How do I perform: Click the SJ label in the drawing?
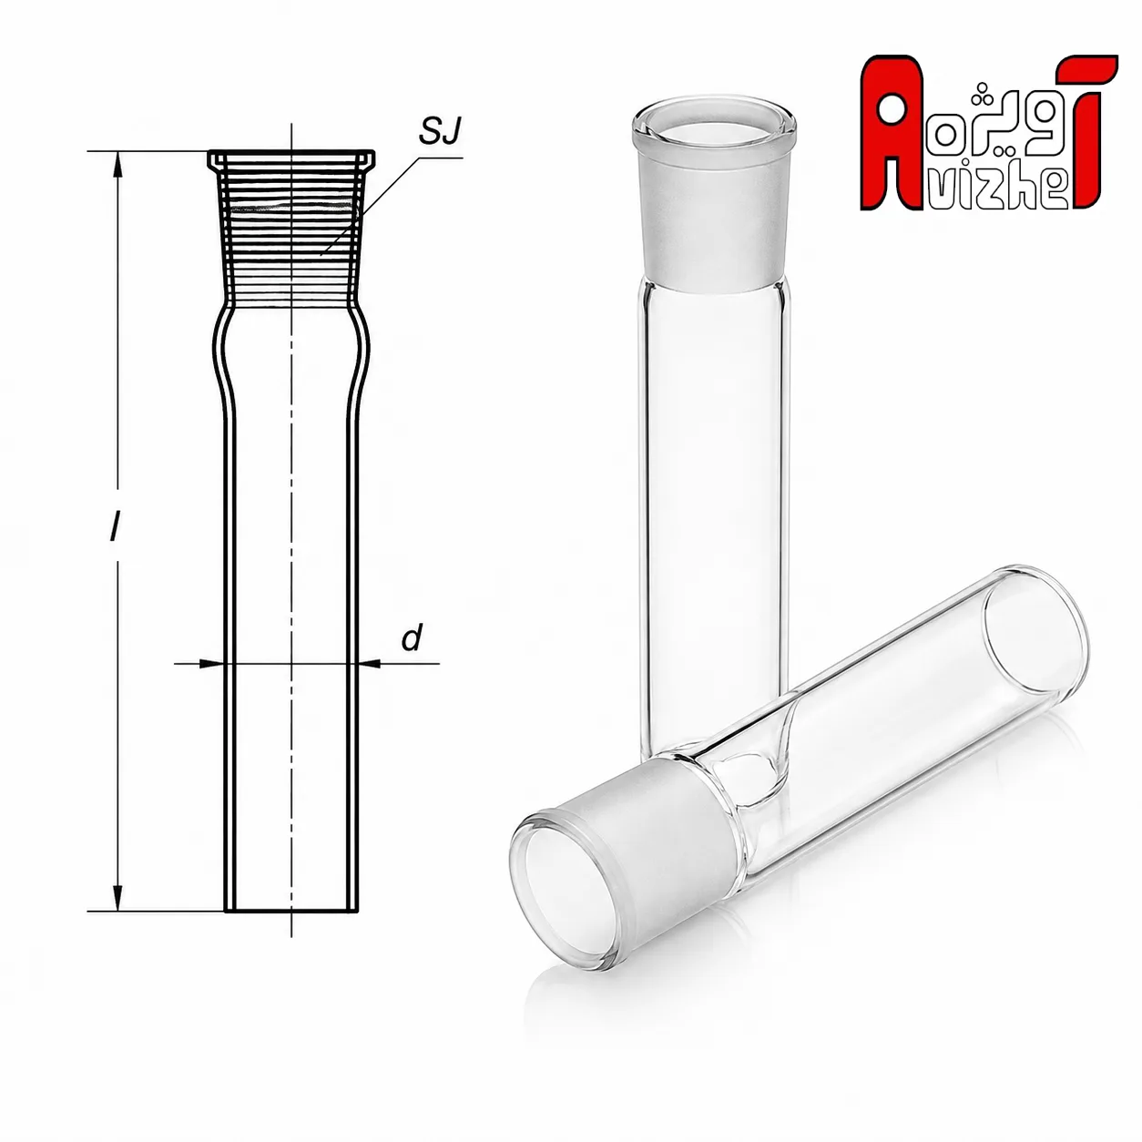click(x=439, y=131)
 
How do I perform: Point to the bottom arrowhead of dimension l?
click(x=119, y=898)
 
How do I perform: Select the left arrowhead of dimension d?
click(x=212, y=663)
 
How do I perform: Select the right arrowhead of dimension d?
click(x=371, y=663)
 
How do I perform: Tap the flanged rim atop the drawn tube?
click(x=291, y=158)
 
